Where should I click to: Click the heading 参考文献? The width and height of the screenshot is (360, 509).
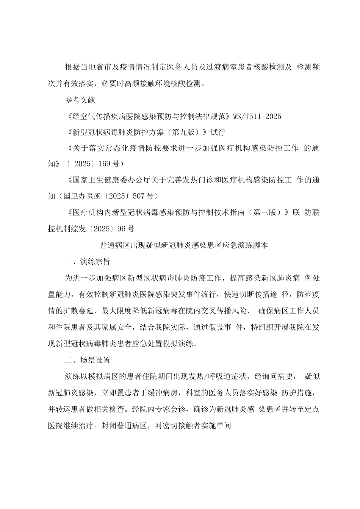point(80,100)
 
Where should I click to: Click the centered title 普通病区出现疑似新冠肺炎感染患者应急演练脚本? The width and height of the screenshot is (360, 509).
point(184,245)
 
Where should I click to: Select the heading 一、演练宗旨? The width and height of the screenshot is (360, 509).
point(87,261)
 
